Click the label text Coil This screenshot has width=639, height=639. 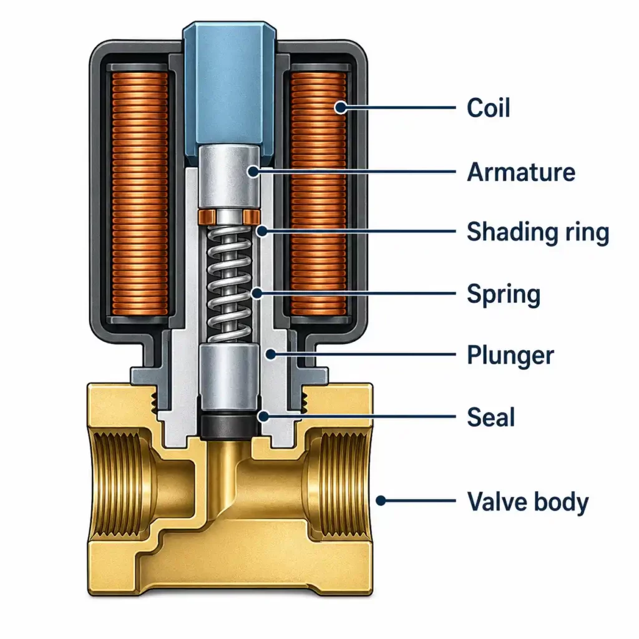point(488,108)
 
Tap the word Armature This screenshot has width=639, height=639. point(521,172)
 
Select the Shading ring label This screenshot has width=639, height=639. point(538,233)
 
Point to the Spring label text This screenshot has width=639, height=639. point(504,295)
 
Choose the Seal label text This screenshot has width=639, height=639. point(490,417)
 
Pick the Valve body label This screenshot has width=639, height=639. point(528,502)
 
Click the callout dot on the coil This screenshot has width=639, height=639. point(340,107)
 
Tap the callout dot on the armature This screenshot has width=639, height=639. point(253,172)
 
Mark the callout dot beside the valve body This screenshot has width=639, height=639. point(381,500)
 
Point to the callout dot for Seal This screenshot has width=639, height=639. point(264,416)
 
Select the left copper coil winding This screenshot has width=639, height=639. point(140,194)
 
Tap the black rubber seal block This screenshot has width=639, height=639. point(230,426)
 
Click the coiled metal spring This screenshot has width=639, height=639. point(229,284)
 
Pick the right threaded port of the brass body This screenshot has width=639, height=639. point(339,485)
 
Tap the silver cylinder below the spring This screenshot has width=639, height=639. point(230,378)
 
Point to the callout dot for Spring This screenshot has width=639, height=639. point(256,293)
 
